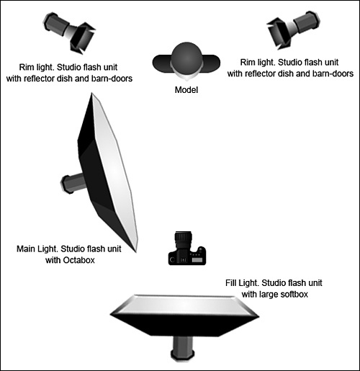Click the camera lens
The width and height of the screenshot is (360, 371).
click(x=184, y=241)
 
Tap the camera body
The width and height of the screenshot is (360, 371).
click(x=187, y=256)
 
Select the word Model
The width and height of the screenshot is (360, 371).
click(x=186, y=90)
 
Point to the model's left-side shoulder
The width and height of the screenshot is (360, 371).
click(x=161, y=63)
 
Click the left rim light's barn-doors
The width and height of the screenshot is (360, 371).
click(x=82, y=37)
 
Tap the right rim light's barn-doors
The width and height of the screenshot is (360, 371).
click(x=279, y=33)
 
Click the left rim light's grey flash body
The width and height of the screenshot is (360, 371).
click(x=56, y=24)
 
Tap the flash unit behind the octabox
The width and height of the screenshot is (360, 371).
click(x=73, y=182)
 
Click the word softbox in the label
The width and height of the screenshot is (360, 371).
click(x=292, y=294)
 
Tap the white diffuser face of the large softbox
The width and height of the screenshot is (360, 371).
click(x=184, y=305)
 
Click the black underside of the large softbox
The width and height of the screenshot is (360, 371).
click(x=184, y=324)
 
